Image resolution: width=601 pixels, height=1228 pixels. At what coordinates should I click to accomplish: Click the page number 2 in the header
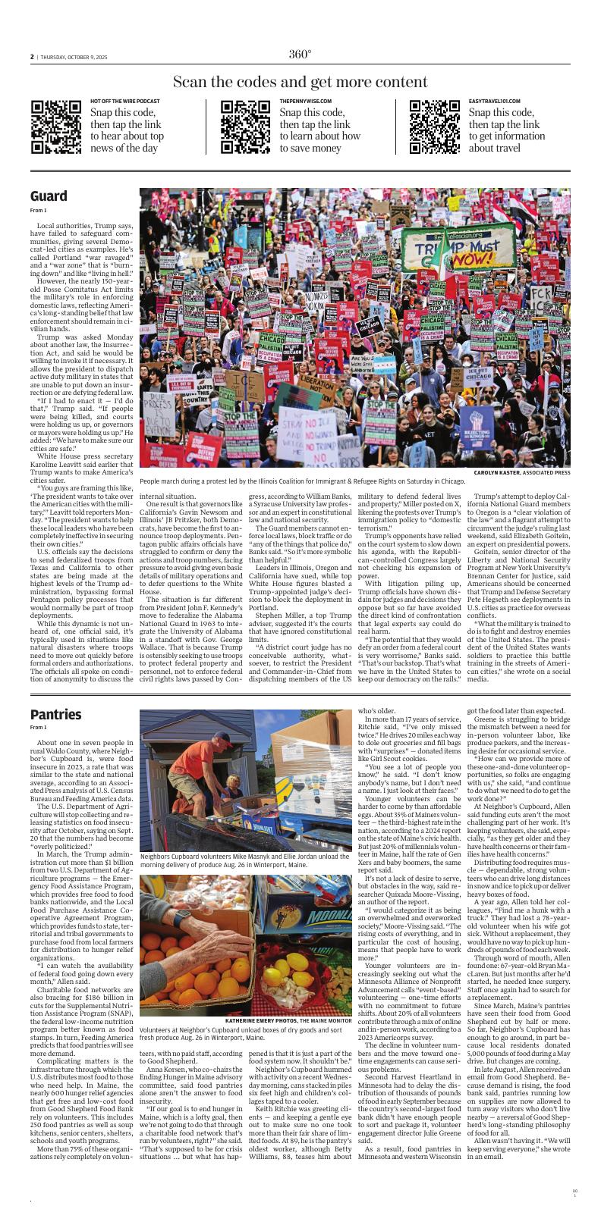tap(33, 56)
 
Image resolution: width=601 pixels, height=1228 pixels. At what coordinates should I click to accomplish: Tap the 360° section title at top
tap(300, 54)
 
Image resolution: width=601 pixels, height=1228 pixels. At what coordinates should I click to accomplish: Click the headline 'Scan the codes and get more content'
tap(300, 82)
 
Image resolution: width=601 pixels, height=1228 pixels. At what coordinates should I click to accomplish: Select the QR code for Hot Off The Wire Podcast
tap(56, 127)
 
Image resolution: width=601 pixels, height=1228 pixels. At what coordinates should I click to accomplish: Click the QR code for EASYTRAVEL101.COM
tap(435, 127)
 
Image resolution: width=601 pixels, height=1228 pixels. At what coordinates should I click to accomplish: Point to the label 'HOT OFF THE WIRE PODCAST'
tap(125, 102)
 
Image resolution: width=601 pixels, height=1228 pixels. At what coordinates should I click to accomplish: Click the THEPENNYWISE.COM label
tap(305, 102)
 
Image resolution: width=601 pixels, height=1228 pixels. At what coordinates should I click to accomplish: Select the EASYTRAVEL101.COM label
tap(495, 102)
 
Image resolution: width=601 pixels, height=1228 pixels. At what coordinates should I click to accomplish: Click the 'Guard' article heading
tap(49, 196)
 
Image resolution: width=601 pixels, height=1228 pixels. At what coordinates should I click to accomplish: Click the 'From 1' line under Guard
tap(38, 210)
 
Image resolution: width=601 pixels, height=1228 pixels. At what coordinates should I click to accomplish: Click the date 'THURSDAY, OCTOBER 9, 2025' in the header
tap(74, 56)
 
